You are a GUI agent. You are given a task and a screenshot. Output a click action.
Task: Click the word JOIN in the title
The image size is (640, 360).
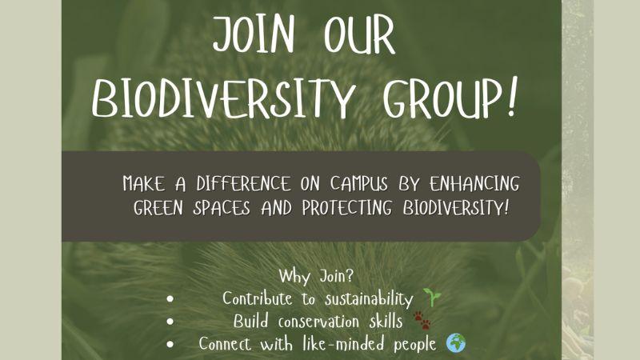click(254, 34)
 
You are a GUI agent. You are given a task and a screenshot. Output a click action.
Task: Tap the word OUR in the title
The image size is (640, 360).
click(359, 34)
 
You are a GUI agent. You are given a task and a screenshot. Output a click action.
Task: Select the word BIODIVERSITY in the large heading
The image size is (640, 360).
click(223, 98)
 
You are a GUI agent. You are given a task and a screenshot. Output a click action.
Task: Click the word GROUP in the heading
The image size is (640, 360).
click(442, 98)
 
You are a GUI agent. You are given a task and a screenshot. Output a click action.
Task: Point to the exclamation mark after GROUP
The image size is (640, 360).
click(512, 96)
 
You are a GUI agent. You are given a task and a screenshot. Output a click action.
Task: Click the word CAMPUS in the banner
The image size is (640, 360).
click(358, 184)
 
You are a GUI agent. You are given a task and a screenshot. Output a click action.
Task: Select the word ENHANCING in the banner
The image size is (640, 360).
click(474, 184)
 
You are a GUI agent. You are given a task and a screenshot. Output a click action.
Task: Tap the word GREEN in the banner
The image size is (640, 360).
click(158, 208)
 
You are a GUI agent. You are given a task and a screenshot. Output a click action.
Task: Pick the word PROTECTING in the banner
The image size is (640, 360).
click(346, 208)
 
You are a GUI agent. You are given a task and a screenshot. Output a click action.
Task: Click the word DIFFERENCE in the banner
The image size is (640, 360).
click(243, 184)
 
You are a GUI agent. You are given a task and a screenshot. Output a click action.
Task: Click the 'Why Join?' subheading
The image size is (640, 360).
click(316, 276)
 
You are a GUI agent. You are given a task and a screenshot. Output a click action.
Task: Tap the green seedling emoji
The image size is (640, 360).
click(432, 297)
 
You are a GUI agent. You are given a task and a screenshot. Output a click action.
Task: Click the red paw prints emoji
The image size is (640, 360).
click(422, 321)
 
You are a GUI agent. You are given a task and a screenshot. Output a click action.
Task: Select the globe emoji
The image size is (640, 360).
click(455, 343)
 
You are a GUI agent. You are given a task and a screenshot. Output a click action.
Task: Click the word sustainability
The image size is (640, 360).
click(369, 299)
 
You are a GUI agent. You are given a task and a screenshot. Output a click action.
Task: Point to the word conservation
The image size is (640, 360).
click(318, 322)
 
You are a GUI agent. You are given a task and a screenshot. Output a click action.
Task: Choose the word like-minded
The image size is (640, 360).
click(343, 343)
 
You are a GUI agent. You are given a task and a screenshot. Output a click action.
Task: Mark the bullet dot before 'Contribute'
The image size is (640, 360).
click(170, 299)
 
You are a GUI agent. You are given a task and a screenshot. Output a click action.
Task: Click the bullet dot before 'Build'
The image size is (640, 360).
click(170, 322)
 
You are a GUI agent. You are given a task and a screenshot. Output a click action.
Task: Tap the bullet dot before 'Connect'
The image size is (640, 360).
click(170, 345)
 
